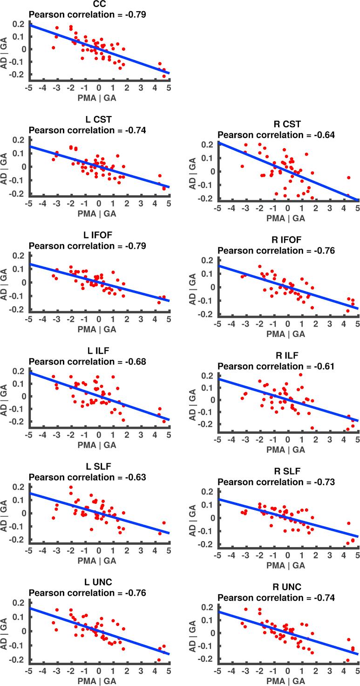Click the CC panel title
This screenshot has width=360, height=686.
(99, 6)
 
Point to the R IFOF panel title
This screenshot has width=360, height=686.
(287, 240)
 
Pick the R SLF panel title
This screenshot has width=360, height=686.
(287, 473)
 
